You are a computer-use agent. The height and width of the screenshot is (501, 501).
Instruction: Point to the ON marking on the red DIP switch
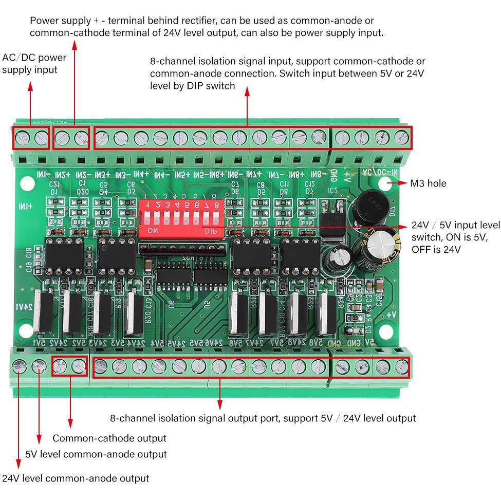[x=153, y=231]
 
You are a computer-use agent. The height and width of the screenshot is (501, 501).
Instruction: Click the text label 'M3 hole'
[x=428, y=183]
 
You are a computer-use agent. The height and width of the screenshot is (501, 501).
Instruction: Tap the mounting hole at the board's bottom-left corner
[x=24, y=329]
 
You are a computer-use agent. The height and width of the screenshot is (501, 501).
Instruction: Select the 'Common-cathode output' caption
[x=109, y=438]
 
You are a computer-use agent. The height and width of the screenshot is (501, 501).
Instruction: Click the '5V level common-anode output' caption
[x=96, y=454]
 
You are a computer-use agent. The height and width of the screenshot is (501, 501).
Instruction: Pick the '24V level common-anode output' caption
[x=76, y=478]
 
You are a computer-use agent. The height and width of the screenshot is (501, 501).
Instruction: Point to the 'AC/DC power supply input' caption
[x=34, y=63]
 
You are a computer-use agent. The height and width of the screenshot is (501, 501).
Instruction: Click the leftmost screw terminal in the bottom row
[x=20, y=366]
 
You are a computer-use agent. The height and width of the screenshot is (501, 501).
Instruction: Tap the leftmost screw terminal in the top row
[x=22, y=137]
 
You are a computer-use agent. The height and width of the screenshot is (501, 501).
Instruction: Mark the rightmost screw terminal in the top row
[x=401, y=137]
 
